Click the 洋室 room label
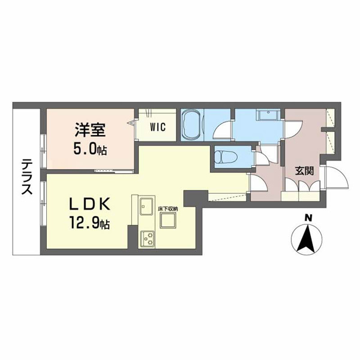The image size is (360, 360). pos(90,130)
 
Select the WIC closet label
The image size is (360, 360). pos(158,127)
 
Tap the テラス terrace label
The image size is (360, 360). pos(26,176)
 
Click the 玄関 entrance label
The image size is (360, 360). pos(304,170)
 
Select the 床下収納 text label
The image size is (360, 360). pos(168,209)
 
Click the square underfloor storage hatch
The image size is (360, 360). pos(168,220)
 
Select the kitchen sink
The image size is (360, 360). pos(146,206)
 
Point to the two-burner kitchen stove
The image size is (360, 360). pos(147,239)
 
